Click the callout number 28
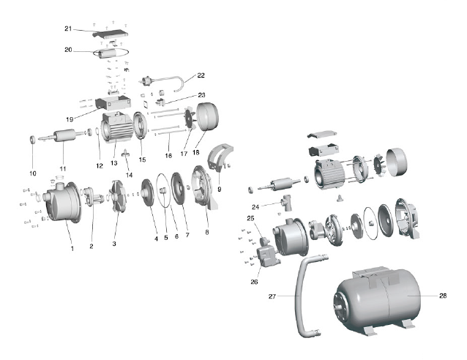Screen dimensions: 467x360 coord(443,296)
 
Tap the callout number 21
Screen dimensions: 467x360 coord(68,29)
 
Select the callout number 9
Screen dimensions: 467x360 coord(219,189)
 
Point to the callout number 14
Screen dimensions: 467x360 coord(129,175)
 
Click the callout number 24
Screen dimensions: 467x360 coord(255,207)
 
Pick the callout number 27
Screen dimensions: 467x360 coord(272,296)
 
